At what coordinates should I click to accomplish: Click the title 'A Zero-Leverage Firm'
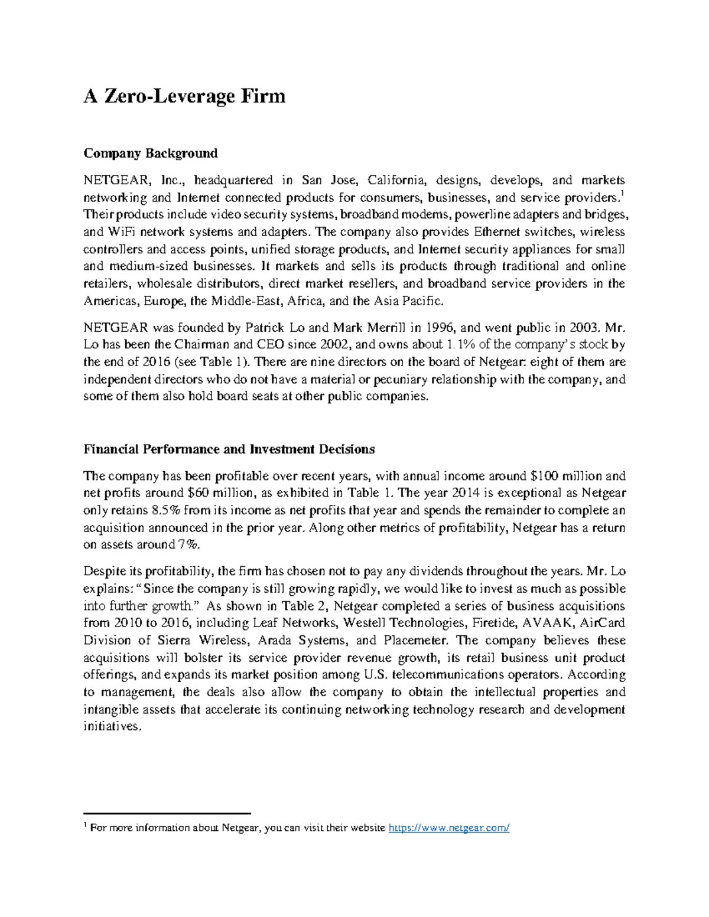point(184,96)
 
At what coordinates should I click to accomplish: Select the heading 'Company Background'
point(150,154)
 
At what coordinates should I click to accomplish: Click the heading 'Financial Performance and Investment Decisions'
point(229,449)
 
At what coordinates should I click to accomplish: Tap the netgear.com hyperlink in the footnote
point(448,828)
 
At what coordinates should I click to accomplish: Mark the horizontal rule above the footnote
point(167,813)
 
